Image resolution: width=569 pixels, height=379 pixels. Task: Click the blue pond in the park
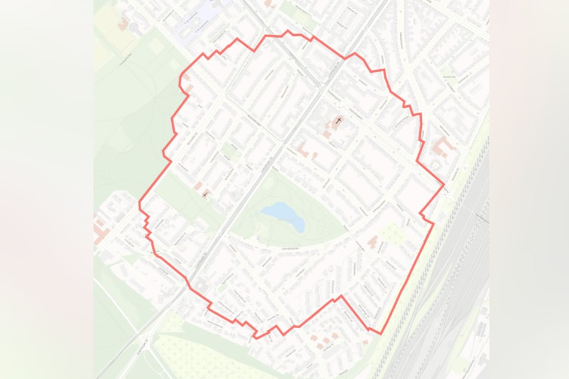283,215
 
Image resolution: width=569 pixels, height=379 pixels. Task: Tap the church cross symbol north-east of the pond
339,121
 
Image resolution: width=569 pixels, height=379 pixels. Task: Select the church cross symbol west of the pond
205,194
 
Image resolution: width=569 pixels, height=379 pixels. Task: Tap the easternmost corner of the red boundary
444,185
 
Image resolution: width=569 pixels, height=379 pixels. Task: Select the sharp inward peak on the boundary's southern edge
342,296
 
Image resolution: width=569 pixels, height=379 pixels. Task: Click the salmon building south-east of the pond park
373,242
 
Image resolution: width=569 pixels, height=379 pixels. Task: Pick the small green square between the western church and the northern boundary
228,149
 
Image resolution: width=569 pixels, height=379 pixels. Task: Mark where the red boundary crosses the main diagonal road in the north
345,58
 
